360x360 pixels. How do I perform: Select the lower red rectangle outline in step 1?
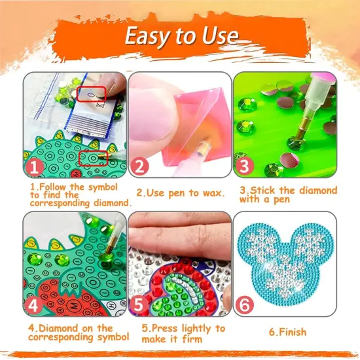tap(92, 158)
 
